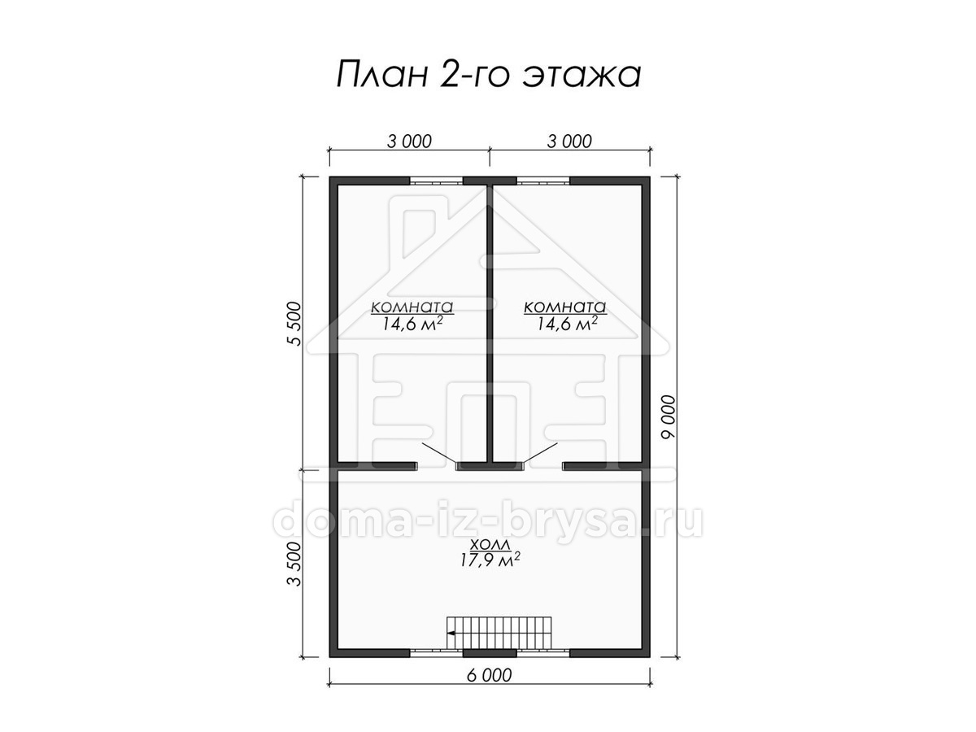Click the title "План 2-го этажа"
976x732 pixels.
488,74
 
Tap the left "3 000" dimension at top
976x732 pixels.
409,142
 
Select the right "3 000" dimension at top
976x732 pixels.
569,142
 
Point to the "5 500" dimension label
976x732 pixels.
294,323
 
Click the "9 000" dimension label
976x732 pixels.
669,416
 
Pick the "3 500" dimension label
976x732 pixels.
294,564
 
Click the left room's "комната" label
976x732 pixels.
412,307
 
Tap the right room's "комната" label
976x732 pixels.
565,307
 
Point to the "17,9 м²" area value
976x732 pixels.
490,560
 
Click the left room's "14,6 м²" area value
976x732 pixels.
412,324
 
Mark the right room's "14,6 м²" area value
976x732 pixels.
566,324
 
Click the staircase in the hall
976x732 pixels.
499,633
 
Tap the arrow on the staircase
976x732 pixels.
451,633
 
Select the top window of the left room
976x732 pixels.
436,181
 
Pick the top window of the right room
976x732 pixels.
543,181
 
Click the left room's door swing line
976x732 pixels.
439,453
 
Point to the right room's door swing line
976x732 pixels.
540,453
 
